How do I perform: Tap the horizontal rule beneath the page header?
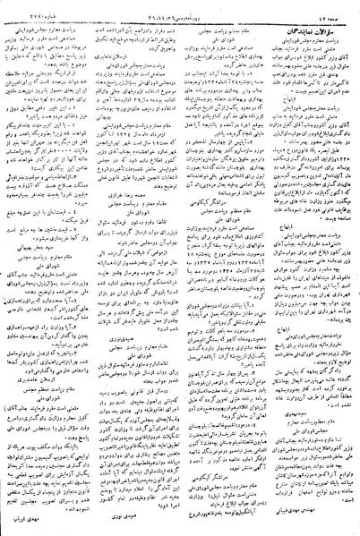pos(179,17)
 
